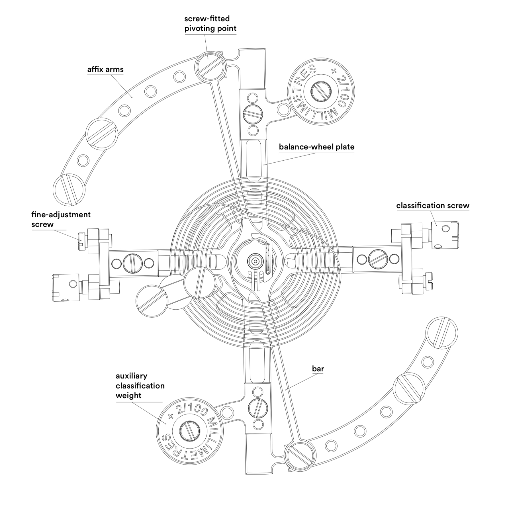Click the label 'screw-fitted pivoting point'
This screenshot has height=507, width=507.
click(210, 24)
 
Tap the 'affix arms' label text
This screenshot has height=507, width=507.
click(105, 69)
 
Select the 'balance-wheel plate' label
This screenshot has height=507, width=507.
click(316, 147)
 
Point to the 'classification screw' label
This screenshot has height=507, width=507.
click(432, 206)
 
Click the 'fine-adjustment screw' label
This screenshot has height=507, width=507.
click(61, 219)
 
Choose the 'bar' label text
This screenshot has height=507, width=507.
click(318, 369)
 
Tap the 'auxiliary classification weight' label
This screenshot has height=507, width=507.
click(140, 386)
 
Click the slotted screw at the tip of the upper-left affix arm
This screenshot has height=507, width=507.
click(69, 189)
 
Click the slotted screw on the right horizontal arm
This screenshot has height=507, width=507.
click(378, 259)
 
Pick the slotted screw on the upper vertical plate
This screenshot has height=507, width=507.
click(253, 114)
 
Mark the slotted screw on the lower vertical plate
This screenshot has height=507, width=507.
click(258, 408)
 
